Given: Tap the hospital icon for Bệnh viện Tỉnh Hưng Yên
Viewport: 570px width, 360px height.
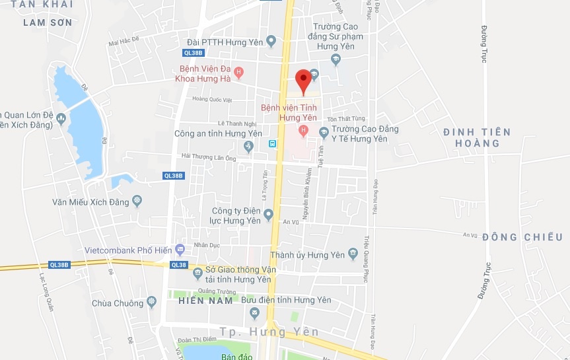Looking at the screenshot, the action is (x=304, y=129).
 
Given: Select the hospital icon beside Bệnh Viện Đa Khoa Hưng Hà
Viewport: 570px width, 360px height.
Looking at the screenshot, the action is (x=238, y=72).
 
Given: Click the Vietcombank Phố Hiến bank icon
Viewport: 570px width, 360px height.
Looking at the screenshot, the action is (x=180, y=250).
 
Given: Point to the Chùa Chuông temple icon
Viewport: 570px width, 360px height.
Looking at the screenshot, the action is (x=152, y=303).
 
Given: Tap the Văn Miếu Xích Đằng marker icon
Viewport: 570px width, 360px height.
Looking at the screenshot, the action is (x=137, y=201).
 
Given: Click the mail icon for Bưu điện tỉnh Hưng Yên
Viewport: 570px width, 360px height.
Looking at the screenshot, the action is (x=255, y=312).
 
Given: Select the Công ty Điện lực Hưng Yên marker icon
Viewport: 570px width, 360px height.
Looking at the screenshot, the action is (x=268, y=214).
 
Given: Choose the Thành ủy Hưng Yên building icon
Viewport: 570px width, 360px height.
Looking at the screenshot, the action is (x=354, y=254).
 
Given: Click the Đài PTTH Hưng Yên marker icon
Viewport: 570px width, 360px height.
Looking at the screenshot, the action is (x=270, y=42).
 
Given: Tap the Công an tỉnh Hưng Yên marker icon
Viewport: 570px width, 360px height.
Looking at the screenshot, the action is (x=248, y=145).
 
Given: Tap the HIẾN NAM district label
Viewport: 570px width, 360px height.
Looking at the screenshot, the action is (x=205, y=301).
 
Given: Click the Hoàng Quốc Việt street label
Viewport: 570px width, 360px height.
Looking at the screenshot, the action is (x=212, y=100).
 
